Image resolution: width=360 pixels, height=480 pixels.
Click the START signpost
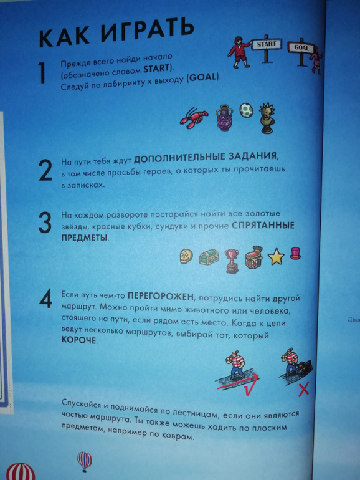pos(266,49)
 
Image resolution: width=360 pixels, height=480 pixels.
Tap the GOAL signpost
pos(301,50)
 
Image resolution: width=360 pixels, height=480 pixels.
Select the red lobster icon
pos(193,118)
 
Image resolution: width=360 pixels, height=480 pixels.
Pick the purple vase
pos(224,118)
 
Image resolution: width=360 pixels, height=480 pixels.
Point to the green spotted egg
pos(246,110)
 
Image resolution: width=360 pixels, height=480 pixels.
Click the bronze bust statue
pos(267,118)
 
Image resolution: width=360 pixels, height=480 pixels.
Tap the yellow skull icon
pos(186,256)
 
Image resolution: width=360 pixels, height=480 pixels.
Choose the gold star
pos(276,257)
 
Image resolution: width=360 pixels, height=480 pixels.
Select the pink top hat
pos(295,253)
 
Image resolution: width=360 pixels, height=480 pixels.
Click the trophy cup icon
pos(232,261)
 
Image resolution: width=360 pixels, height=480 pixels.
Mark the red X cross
pos(303,390)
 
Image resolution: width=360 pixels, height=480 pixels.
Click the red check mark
pos(239,383)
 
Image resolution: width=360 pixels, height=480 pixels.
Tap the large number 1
pos(42,72)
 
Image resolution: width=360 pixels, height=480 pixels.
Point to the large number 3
pos(45,223)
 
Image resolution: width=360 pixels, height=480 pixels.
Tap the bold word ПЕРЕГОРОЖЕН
pos(161,296)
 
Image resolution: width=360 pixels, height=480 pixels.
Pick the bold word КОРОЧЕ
pos(79,340)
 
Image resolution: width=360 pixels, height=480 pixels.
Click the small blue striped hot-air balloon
pos(85,461)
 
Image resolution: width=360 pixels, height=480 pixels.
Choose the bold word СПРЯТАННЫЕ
pos(263,226)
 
